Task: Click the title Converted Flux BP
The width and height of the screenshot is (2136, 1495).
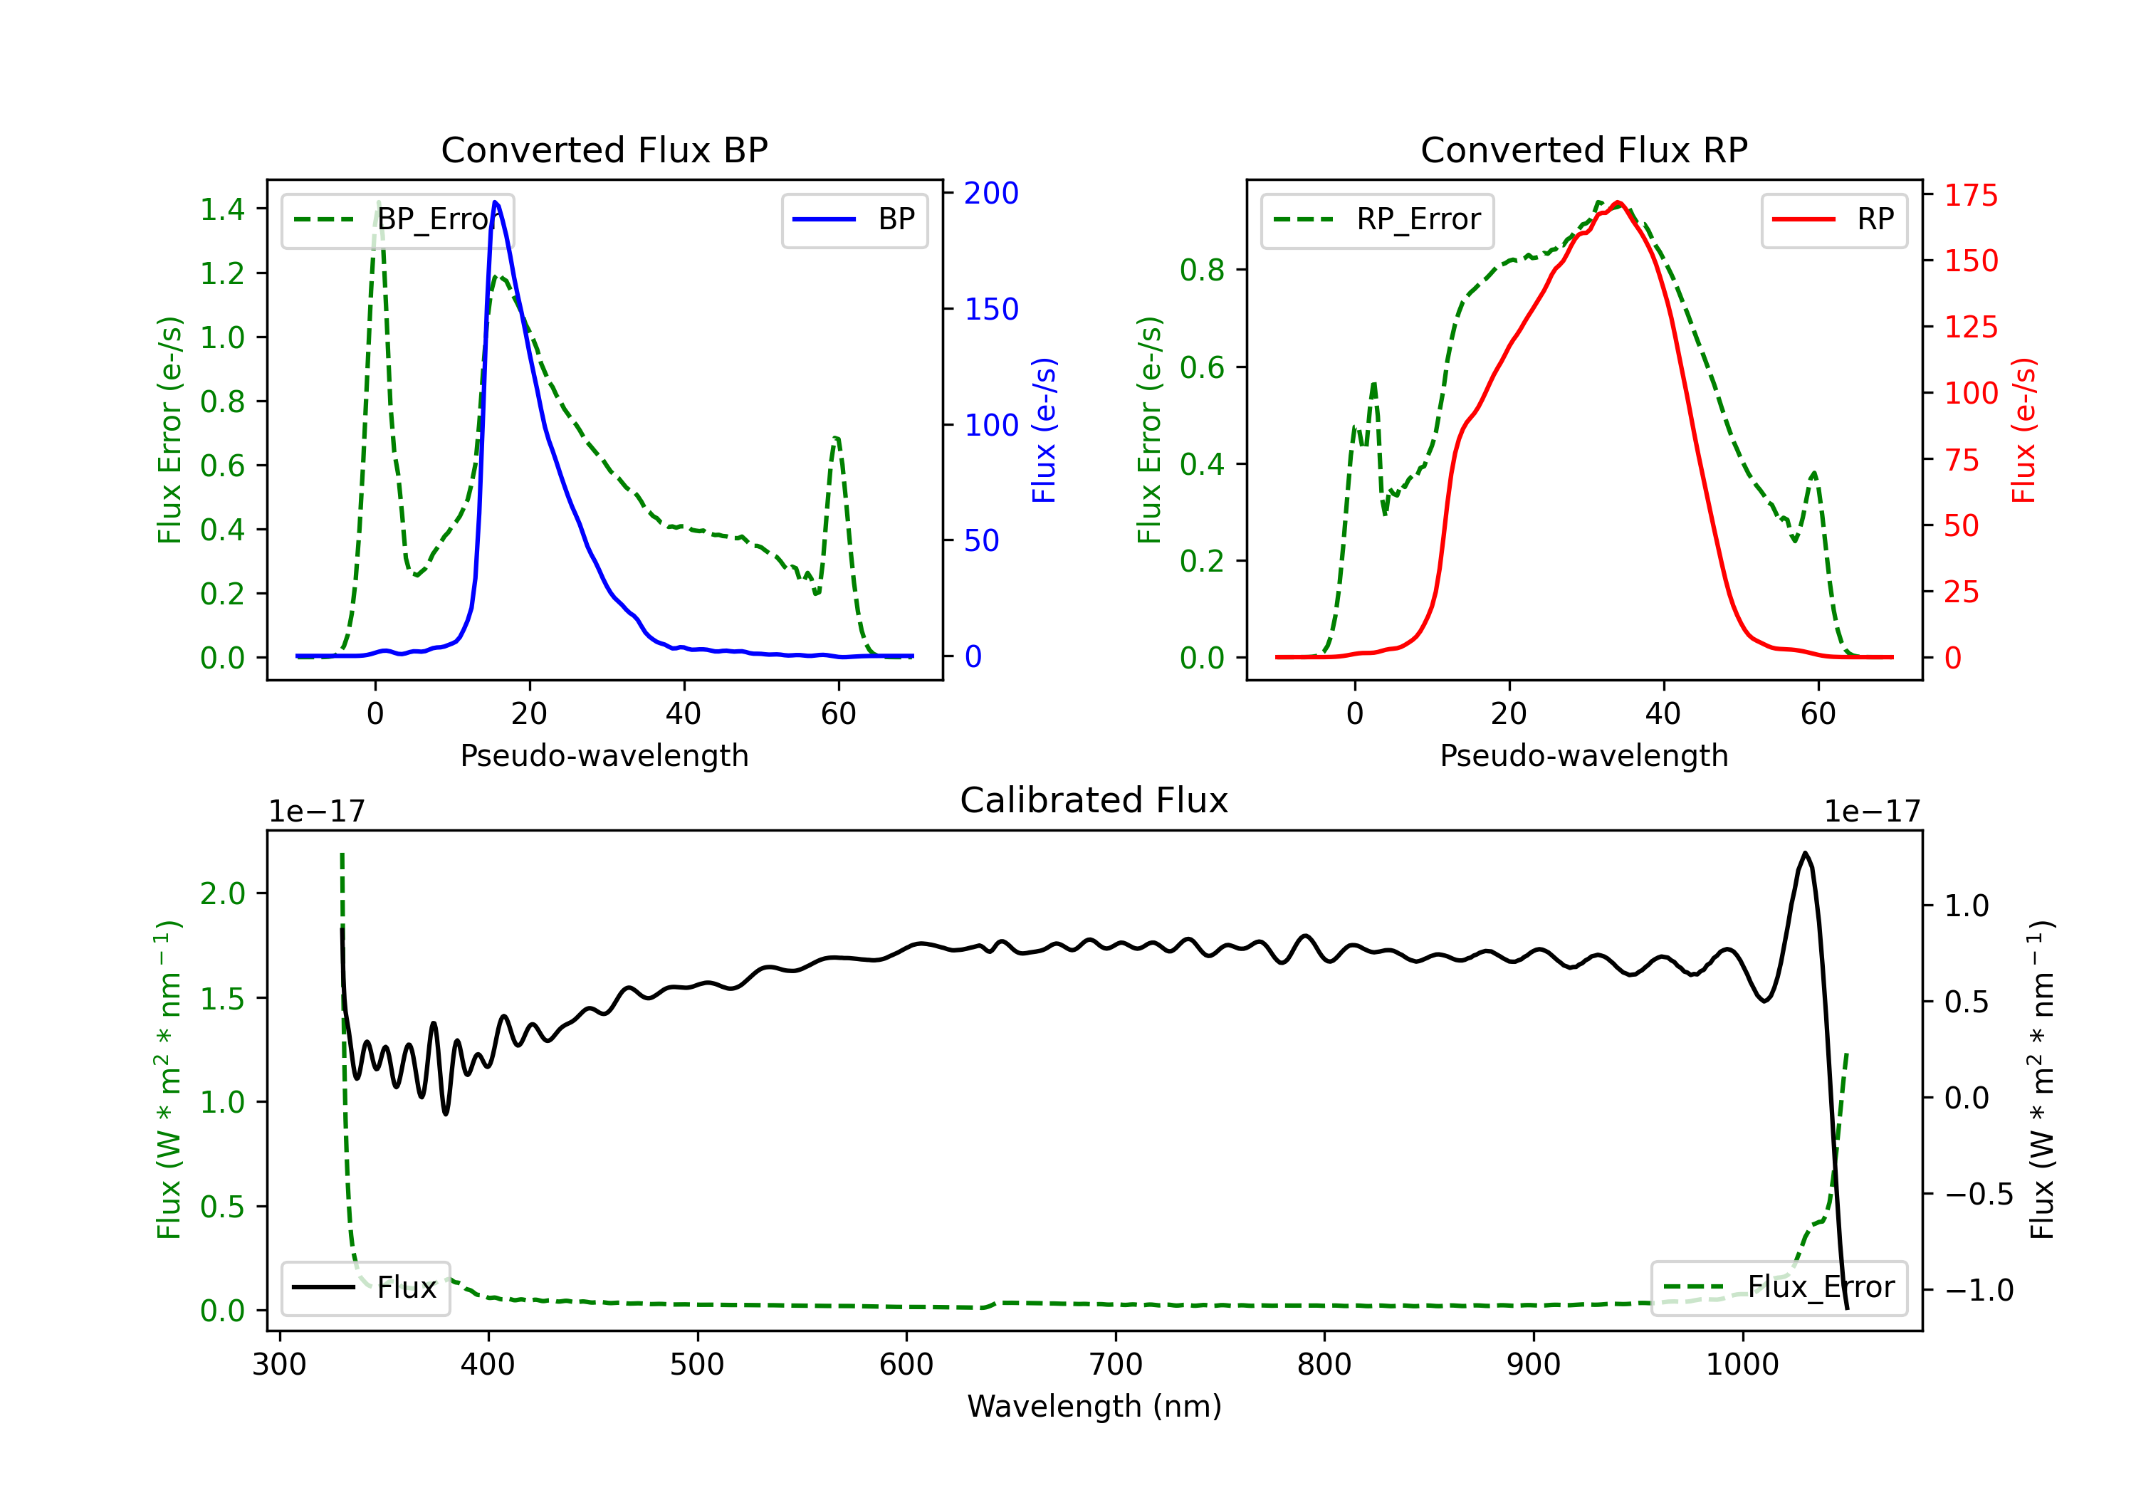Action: click(604, 149)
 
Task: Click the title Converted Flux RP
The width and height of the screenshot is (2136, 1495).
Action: click(1584, 149)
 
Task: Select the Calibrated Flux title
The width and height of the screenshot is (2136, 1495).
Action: click(1094, 800)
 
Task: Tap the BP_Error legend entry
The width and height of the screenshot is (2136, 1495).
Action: click(397, 219)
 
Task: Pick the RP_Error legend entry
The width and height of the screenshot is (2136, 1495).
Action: click(1377, 219)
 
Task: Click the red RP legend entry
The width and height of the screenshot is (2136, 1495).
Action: click(1833, 219)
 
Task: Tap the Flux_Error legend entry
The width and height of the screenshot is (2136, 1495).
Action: click(1779, 1288)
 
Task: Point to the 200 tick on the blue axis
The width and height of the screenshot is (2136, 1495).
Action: click(991, 193)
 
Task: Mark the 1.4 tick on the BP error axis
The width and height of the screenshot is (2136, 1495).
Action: click(224, 209)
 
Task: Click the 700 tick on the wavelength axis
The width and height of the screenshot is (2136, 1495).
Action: click(1116, 1365)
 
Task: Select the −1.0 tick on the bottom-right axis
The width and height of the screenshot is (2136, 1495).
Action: click(1979, 1291)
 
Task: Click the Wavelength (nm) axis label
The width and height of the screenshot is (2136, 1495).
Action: click(1094, 1406)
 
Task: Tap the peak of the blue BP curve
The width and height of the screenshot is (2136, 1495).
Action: click(495, 202)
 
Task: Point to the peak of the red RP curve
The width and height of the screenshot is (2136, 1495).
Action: click(1619, 203)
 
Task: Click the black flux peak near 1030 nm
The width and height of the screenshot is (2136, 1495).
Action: click(1806, 852)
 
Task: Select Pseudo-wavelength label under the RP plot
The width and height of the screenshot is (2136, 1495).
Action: click(1584, 755)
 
